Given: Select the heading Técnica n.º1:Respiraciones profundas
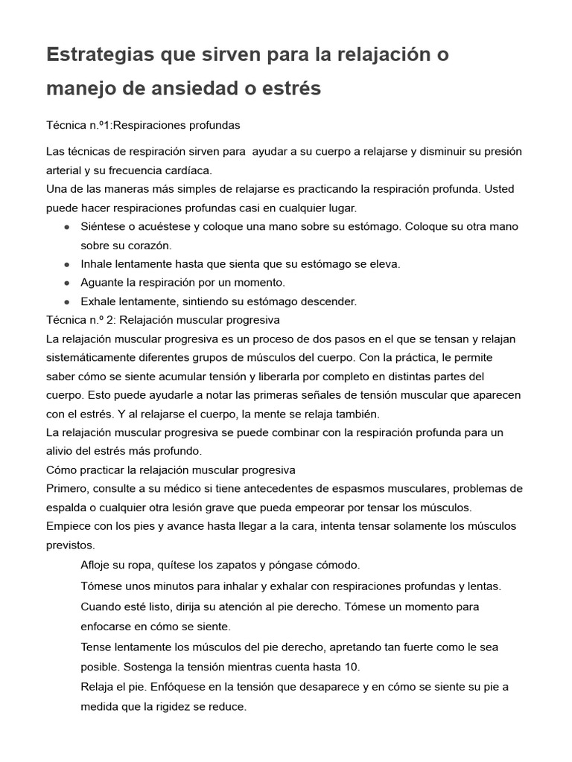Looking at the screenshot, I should point(142,124).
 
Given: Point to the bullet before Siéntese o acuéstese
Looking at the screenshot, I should point(68,226).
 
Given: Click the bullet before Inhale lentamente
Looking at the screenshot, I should point(68,264).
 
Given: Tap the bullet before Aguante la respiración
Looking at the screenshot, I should point(68,283).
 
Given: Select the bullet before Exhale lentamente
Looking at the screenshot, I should point(68,301).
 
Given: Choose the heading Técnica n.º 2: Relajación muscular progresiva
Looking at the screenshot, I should point(162,320).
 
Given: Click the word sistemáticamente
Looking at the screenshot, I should point(89,357).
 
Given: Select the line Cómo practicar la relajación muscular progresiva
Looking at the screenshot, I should point(171,470).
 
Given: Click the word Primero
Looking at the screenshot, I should point(67,488).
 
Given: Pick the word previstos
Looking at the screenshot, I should point(70,545).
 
